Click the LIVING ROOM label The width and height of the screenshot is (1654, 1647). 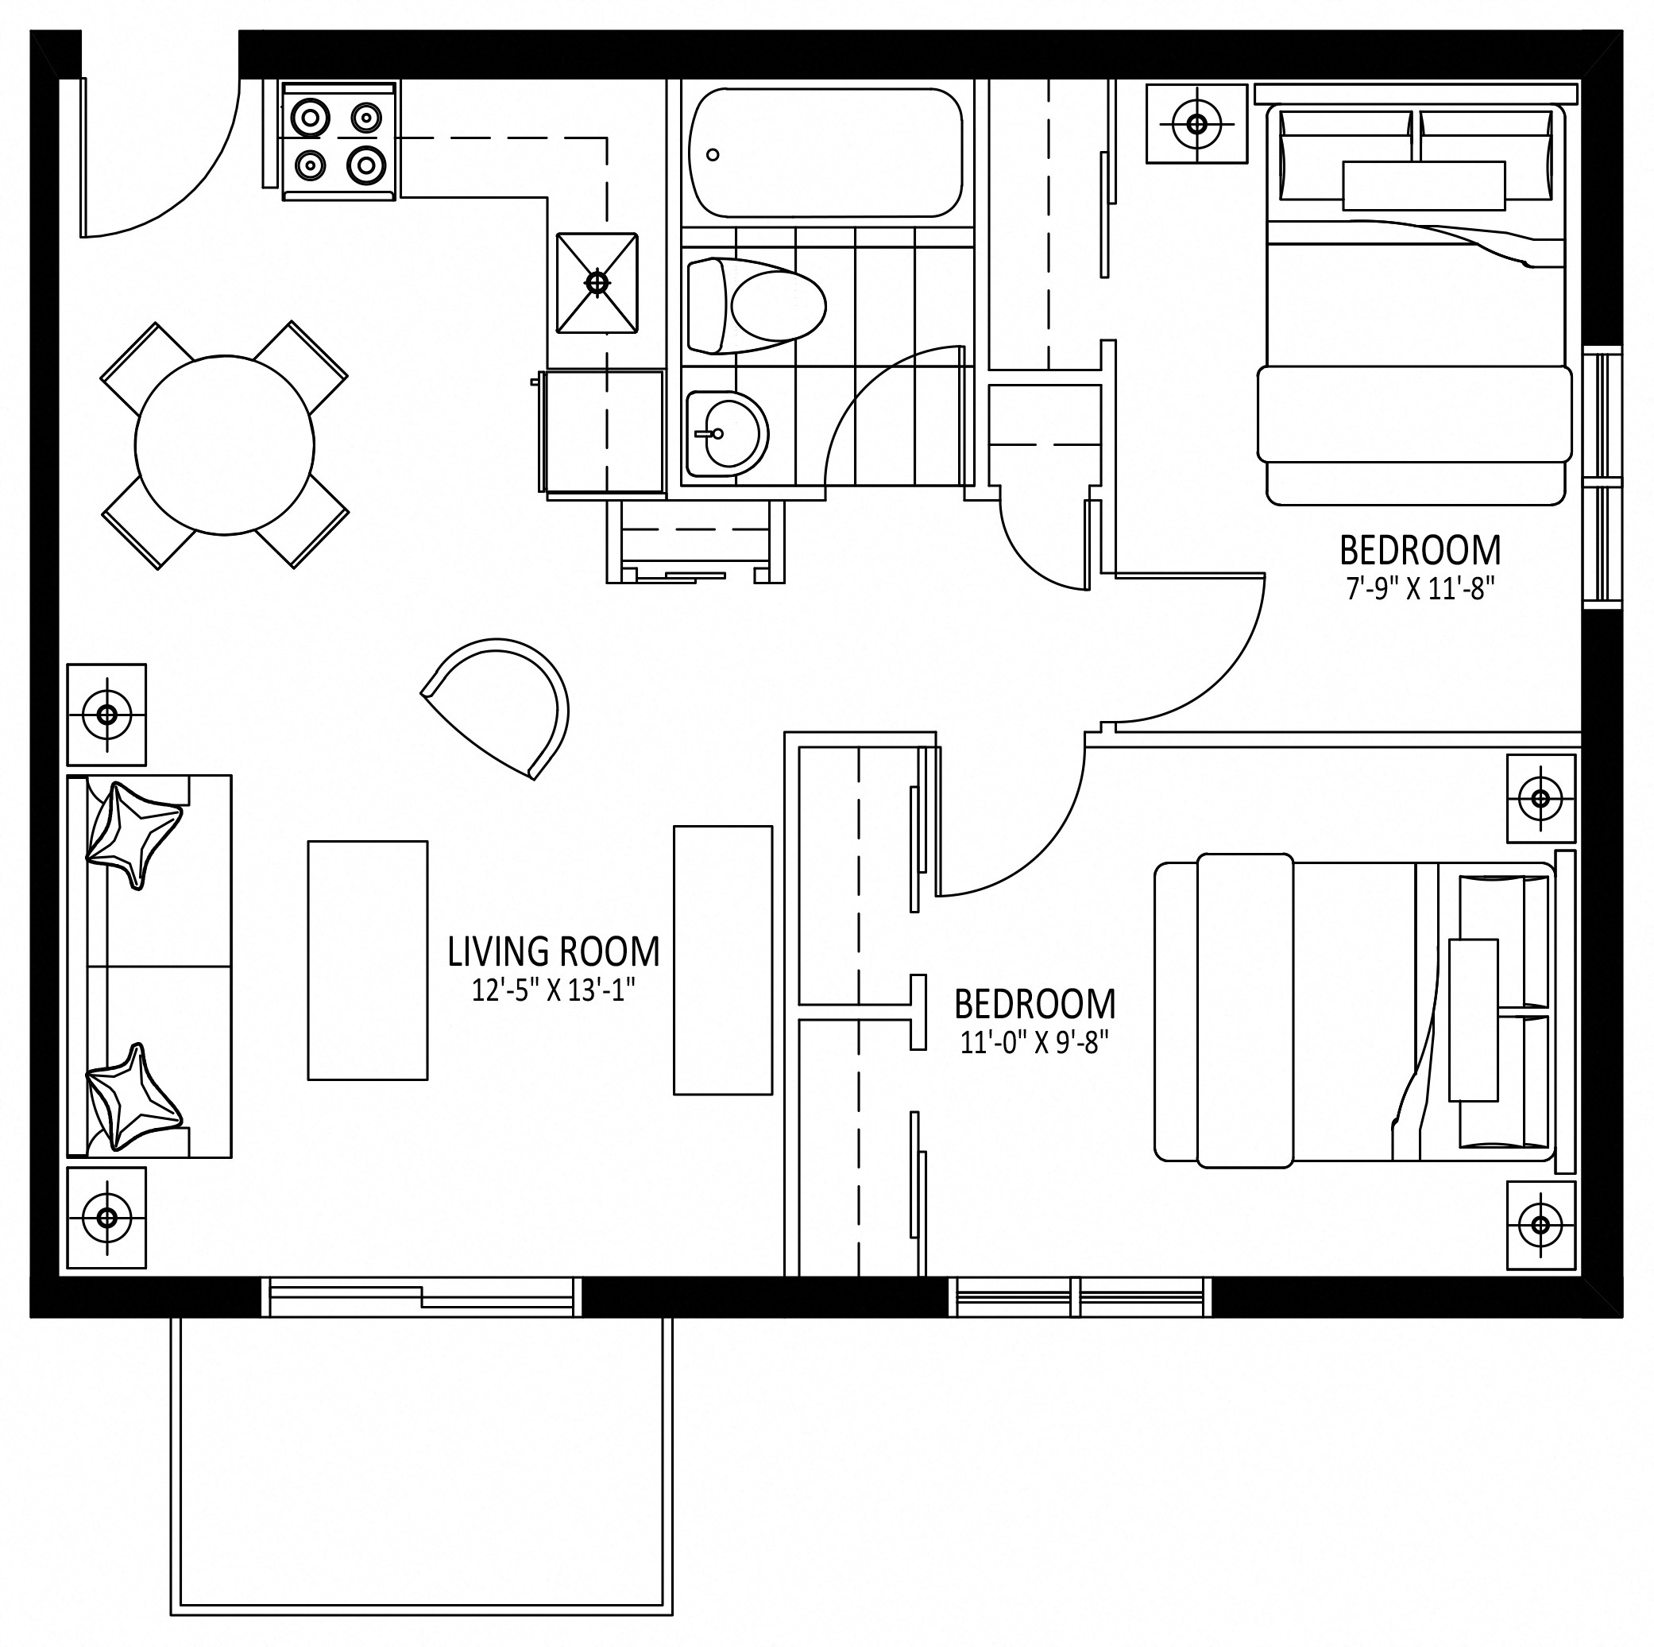click(554, 951)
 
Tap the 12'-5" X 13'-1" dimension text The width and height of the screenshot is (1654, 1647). click(554, 990)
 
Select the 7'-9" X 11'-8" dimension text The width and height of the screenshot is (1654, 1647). click(1420, 589)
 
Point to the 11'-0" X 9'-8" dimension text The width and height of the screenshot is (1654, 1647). click(1035, 1042)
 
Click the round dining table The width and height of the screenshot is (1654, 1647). click(224, 444)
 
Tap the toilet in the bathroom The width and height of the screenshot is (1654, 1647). click(756, 306)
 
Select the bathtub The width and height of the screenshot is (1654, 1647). click(825, 153)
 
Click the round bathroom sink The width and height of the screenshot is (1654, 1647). click(727, 434)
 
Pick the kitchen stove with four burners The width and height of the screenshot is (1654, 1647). click(339, 141)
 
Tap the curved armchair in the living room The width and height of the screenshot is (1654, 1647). click(499, 707)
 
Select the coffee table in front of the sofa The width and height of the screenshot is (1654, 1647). click(367, 960)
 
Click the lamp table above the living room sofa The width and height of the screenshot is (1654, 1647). click(107, 715)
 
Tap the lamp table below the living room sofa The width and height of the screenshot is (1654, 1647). click(107, 1217)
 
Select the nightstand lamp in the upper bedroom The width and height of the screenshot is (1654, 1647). click(1197, 124)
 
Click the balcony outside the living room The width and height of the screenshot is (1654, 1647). click(422, 1466)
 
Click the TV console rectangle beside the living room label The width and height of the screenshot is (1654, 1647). click(724, 960)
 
